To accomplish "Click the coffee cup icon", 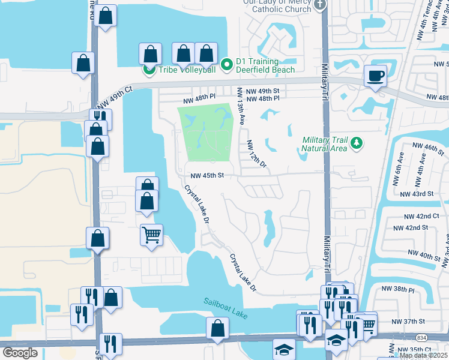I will [376, 76].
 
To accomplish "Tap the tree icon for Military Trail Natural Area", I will [357, 143].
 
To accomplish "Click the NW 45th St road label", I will [207, 176].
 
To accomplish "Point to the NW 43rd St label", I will [417, 194].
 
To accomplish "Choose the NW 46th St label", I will [428, 146].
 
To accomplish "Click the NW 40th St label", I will [424, 256].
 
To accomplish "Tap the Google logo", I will [20, 352].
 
